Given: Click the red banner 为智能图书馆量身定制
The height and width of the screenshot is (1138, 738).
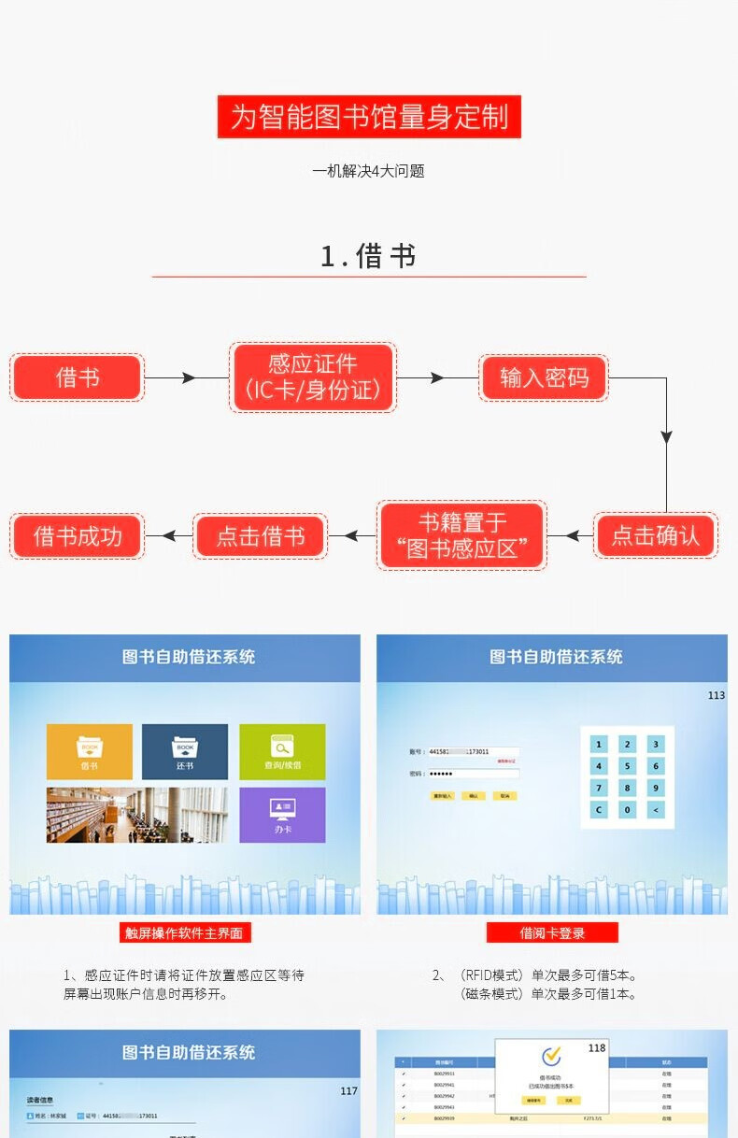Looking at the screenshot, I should (x=369, y=117).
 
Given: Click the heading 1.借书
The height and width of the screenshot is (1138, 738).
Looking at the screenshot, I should (x=368, y=256).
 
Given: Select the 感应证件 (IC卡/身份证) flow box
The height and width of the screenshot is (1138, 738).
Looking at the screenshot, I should (x=313, y=377).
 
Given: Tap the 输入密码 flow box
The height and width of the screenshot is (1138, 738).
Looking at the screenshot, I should (x=544, y=377).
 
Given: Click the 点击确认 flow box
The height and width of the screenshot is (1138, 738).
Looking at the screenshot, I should (x=655, y=535).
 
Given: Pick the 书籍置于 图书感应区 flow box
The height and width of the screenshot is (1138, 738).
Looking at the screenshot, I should (x=461, y=535).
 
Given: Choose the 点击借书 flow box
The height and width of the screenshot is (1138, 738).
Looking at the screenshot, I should (x=260, y=536).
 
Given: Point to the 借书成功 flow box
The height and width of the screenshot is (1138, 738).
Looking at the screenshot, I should (x=78, y=536).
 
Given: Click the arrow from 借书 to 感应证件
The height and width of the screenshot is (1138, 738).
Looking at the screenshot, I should (x=186, y=377).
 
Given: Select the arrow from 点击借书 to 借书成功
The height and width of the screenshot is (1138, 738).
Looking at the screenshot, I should (x=168, y=536).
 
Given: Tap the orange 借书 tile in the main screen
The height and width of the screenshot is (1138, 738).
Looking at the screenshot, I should (x=90, y=751).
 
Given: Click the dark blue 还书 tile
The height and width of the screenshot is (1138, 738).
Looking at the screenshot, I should (x=185, y=751).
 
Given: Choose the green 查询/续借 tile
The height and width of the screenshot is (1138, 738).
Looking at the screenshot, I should (x=282, y=751).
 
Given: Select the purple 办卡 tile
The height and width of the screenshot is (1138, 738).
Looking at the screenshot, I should (x=282, y=815).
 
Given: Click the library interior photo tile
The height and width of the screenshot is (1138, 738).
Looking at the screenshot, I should (x=137, y=815).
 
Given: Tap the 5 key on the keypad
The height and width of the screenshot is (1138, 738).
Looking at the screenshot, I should (x=628, y=766).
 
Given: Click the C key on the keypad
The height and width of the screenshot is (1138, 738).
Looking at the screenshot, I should (x=599, y=810).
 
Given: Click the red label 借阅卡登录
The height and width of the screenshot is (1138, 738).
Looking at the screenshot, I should (x=552, y=932).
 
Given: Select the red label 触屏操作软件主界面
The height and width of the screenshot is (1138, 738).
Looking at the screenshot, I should (x=185, y=932).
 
